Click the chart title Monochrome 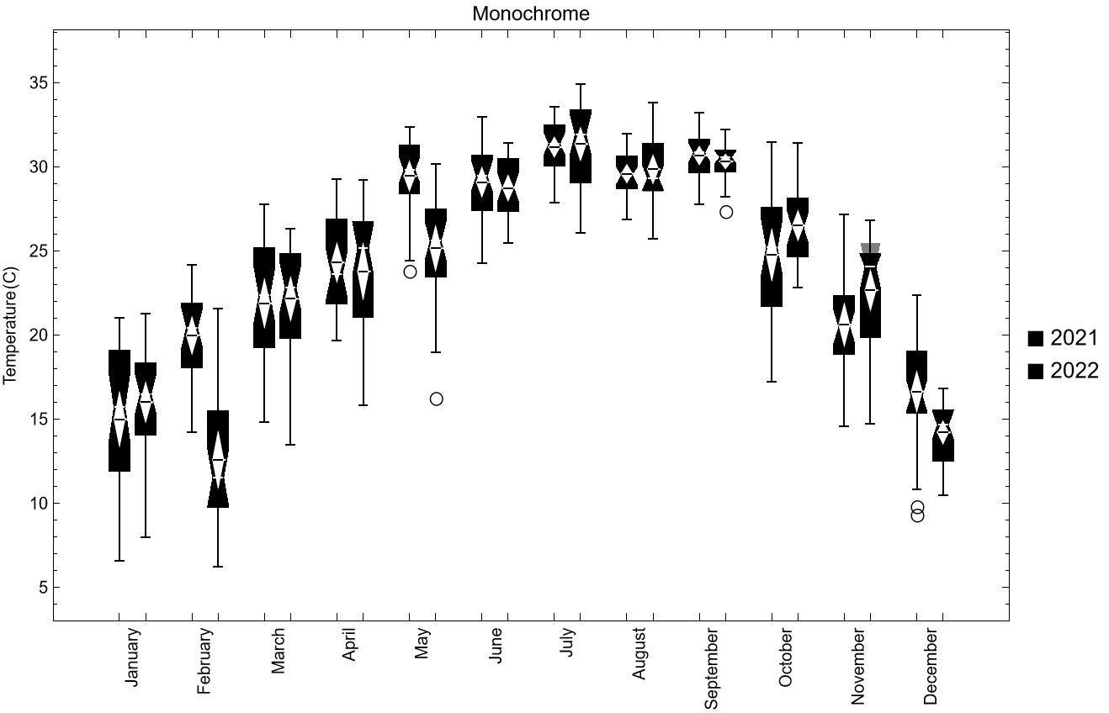pos(530,13)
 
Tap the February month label pos(204,661)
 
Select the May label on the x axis pos(422,644)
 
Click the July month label pos(567,642)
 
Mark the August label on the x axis pos(639,652)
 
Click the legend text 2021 pos(1074,338)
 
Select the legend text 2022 pos(1074,371)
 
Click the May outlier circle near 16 pos(436,399)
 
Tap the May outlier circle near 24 pos(410,272)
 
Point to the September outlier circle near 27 pos(726,212)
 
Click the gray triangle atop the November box pos(870,249)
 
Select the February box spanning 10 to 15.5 pos(218,459)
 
